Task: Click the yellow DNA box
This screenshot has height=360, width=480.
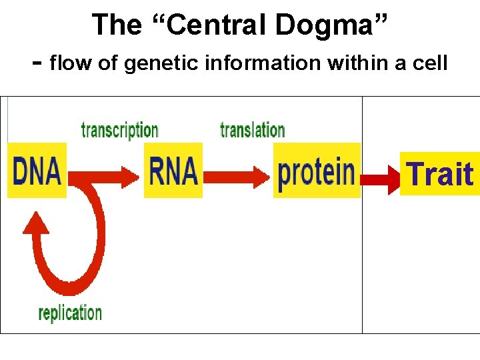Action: pos(37,171)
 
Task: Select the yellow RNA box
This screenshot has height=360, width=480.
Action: pos(173,171)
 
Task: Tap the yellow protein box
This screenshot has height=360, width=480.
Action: pos(316,171)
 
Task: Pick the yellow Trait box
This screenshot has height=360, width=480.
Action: pos(440,174)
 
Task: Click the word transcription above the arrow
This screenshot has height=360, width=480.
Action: pos(119,130)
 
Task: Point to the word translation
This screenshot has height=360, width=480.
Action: pos(252,130)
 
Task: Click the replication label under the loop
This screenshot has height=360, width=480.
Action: pos(70,313)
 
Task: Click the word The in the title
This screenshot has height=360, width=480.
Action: pos(116,25)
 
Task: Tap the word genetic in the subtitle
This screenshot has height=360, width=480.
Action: pos(151,64)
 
